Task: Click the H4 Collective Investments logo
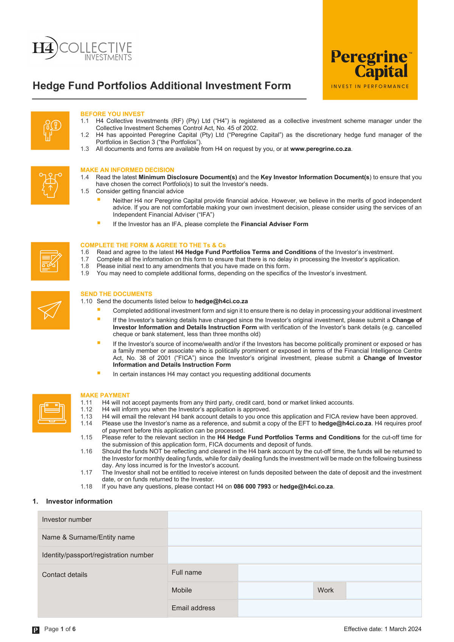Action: point(82,49)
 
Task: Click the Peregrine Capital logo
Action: point(370,68)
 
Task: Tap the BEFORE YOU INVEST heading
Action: point(112,114)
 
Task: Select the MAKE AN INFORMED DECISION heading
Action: point(127,170)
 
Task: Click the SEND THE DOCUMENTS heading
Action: point(116,294)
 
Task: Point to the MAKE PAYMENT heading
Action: point(105,395)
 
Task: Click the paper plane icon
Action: point(50,310)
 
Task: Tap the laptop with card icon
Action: point(51,413)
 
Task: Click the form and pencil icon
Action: point(50,261)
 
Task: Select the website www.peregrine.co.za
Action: point(320,149)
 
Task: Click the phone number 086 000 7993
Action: point(252,487)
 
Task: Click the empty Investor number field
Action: point(294,519)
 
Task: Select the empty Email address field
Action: point(329,608)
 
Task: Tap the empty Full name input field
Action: point(329,572)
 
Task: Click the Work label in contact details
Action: point(325,590)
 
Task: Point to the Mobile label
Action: point(182,590)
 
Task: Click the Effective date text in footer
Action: point(382,629)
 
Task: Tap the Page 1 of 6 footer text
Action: point(60,629)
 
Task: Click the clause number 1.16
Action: point(86,451)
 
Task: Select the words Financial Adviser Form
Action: point(274,224)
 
